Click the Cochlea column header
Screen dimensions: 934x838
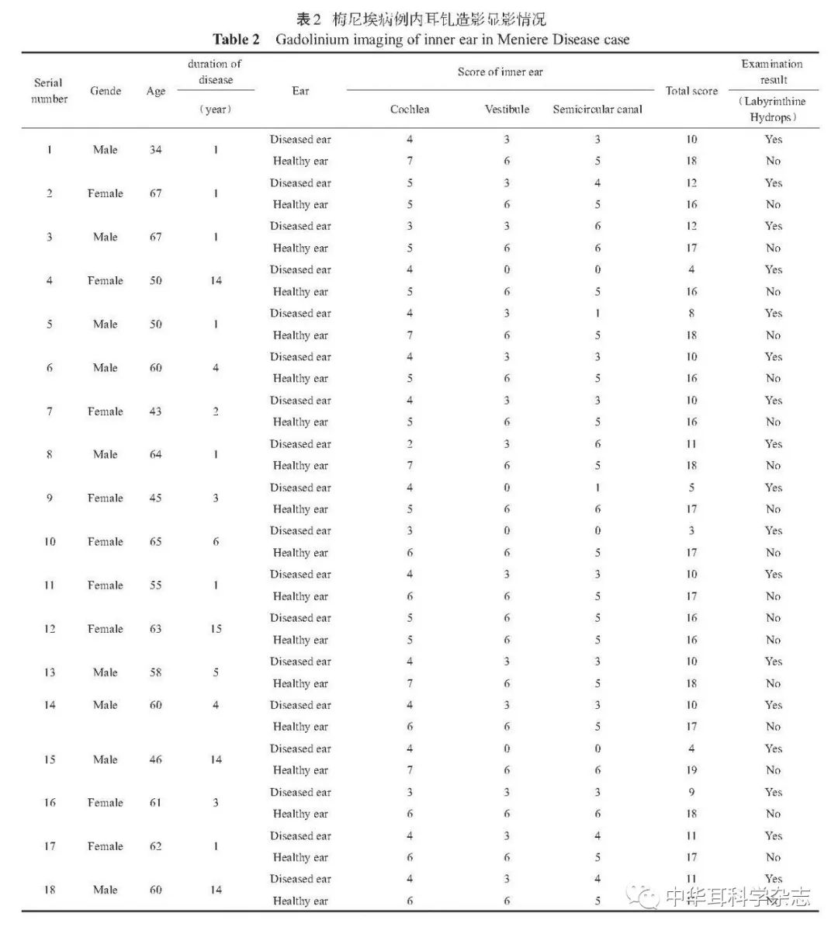[x=410, y=109]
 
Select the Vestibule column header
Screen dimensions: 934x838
[x=507, y=109]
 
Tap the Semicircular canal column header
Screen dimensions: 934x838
[x=597, y=109]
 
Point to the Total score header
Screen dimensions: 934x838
[x=691, y=91]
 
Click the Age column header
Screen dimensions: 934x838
[x=156, y=91]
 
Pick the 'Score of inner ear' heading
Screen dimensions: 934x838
[x=500, y=71]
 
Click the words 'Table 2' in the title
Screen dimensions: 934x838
[x=236, y=39]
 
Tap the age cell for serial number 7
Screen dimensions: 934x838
[x=156, y=411]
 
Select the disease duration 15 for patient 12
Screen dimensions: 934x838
[x=216, y=629]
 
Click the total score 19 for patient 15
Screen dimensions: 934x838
[x=691, y=770]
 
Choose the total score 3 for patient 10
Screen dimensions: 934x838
[x=691, y=531]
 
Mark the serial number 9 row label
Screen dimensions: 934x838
[x=49, y=498]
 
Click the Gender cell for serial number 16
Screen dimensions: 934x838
[x=106, y=803]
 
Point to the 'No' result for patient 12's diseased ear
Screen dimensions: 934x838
[x=773, y=618]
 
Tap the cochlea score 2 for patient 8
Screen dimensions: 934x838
[x=410, y=444]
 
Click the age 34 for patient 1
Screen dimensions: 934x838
[x=156, y=150]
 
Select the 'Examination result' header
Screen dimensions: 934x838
[x=772, y=71]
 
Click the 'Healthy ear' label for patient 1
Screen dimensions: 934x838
[x=300, y=161]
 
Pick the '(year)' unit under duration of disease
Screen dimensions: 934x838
[x=215, y=109]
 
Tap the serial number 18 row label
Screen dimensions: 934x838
[x=49, y=890]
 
